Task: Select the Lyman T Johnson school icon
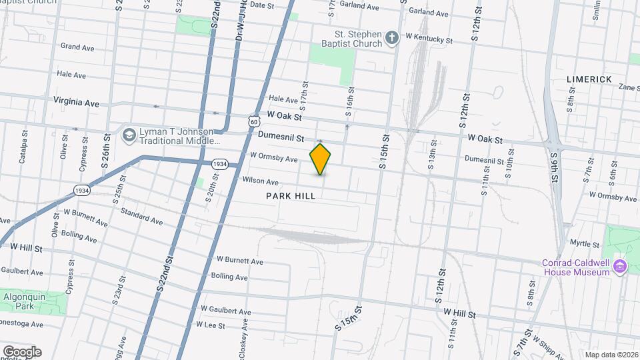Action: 128,135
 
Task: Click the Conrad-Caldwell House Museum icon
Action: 621,267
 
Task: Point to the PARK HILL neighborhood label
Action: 290,196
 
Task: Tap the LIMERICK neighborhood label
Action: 589,79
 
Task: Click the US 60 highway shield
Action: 252,121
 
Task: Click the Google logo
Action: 21,352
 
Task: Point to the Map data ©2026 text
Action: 611,355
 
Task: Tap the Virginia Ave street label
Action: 77,103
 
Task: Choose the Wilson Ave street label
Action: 260,181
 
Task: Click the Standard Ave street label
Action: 141,216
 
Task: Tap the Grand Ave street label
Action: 77,47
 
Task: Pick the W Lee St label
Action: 210,324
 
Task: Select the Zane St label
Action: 629,87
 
